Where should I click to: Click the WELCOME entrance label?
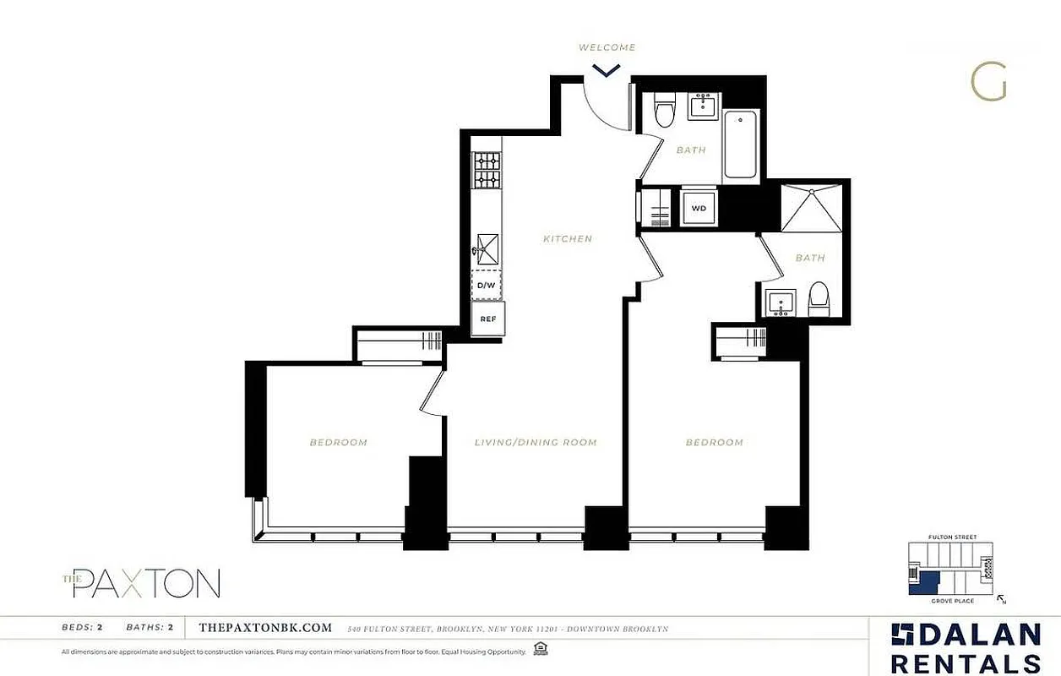tap(607, 47)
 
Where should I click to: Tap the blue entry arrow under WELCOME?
tap(607, 70)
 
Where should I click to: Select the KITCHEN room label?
tap(568, 239)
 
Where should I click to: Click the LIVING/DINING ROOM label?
tap(536, 442)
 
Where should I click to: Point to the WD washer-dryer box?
tap(699, 207)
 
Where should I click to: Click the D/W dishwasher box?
tap(487, 286)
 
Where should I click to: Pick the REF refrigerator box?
tap(488, 319)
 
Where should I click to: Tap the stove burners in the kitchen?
tap(487, 169)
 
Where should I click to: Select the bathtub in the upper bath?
tap(740, 145)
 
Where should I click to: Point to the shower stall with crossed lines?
tap(811, 208)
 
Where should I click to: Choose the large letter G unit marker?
tap(988, 82)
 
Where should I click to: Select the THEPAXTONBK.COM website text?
tap(264, 628)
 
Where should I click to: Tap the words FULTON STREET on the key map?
tap(951, 537)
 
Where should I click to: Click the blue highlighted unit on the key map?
tap(928, 582)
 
